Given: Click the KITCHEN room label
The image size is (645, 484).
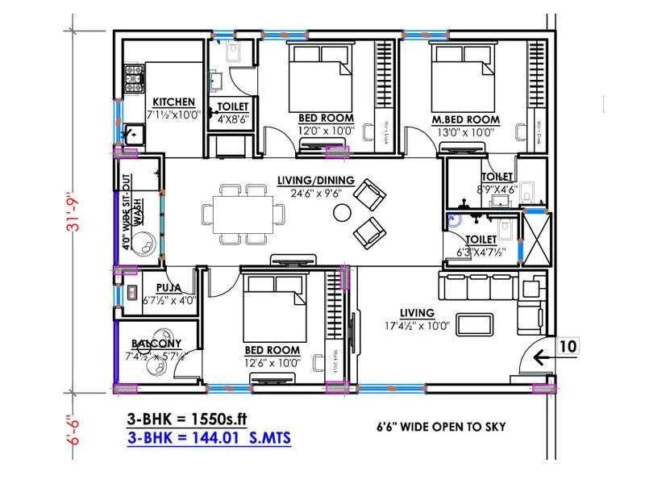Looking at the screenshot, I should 173,102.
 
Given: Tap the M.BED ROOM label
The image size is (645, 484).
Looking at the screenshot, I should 465,119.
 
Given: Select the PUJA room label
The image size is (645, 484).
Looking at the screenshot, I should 168,286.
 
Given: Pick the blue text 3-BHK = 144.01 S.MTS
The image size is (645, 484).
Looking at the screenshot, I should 209,438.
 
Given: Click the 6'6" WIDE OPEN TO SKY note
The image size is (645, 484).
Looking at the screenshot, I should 441,426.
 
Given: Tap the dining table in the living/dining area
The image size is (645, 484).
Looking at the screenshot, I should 243,213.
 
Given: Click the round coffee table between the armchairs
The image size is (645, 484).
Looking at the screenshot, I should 343,213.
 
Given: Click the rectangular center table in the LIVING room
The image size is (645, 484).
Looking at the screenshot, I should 476,324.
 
